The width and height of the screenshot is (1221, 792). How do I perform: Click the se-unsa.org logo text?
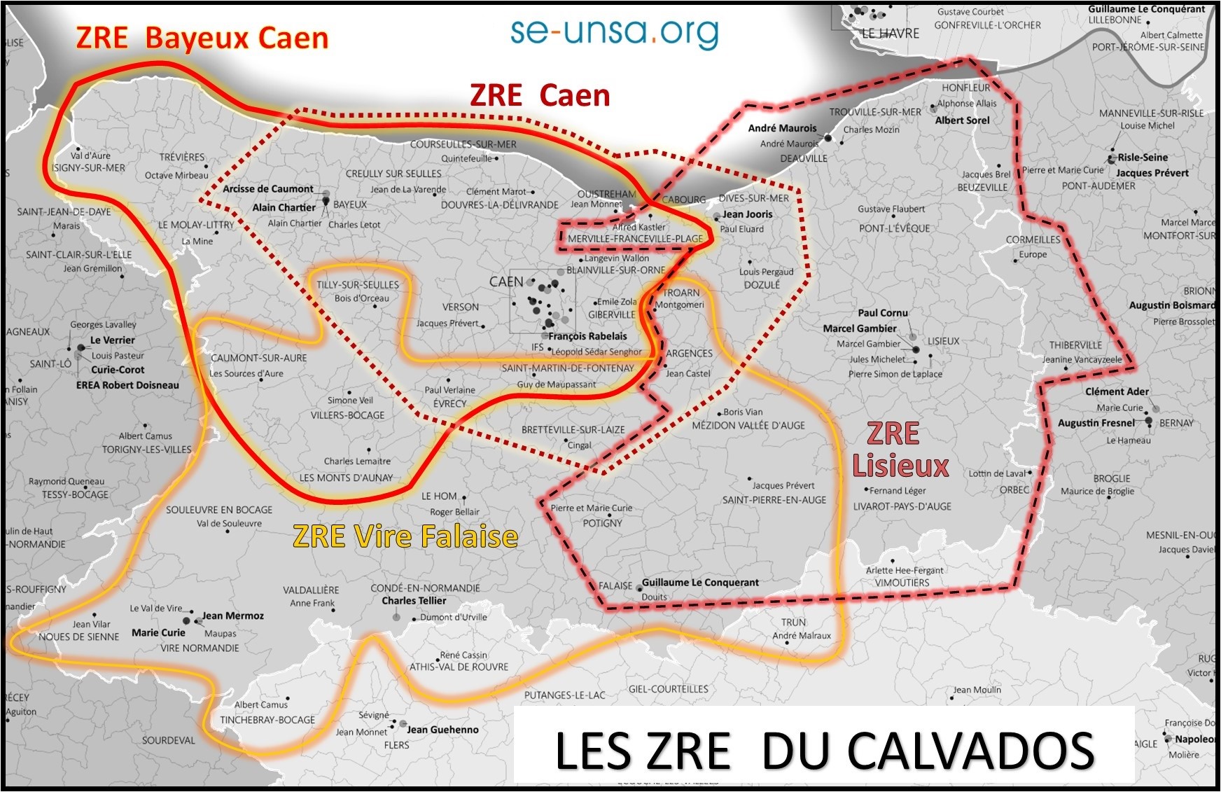614,32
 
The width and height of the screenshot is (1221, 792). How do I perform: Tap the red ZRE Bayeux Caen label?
202,38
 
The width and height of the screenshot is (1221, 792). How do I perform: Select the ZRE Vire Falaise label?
405,536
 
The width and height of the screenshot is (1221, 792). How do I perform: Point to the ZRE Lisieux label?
899,450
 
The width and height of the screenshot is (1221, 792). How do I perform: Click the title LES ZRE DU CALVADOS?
824,750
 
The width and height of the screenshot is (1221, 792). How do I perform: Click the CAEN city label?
506,282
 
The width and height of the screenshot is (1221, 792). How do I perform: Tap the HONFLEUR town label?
965,88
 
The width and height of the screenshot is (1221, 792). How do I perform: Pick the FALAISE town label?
615,585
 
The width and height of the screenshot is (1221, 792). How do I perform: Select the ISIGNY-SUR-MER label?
88,168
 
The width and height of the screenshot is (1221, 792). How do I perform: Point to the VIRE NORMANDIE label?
200,648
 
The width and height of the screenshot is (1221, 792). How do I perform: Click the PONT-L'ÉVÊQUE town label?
894,228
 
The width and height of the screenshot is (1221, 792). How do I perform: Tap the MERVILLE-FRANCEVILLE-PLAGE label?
635,239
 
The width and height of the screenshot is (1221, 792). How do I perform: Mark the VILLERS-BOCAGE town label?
347,415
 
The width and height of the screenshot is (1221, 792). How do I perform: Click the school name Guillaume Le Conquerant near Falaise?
700,583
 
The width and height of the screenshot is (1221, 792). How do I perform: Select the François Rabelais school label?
587,336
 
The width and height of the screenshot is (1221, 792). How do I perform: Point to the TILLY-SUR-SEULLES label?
357,285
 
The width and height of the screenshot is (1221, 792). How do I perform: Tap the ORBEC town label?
1014,489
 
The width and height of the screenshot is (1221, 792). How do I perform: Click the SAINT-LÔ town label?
50,364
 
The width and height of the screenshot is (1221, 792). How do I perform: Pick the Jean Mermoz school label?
233,616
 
